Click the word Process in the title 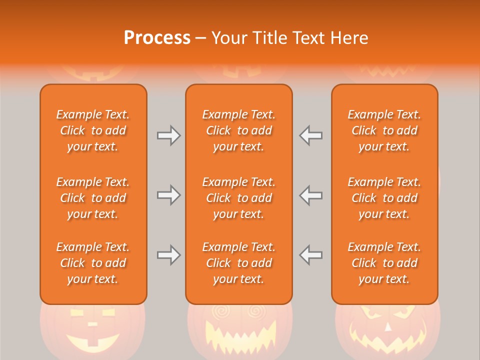(x=157, y=37)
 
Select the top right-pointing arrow (x=169, y=135)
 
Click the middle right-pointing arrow (x=169, y=195)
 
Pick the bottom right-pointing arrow (x=169, y=255)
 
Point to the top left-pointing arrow (x=310, y=135)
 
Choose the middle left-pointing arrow (x=310, y=195)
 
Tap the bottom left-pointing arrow (x=310, y=255)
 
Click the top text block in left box (x=93, y=130)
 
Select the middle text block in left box (x=93, y=198)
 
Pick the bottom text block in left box (x=93, y=263)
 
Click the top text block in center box (x=239, y=130)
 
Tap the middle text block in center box (x=239, y=198)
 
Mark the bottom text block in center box (x=239, y=263)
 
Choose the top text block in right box (x=384, y=130)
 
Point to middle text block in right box (x=384, y=198)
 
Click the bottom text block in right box (x=384, y=263)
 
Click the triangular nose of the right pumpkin (x=388, y=327)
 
